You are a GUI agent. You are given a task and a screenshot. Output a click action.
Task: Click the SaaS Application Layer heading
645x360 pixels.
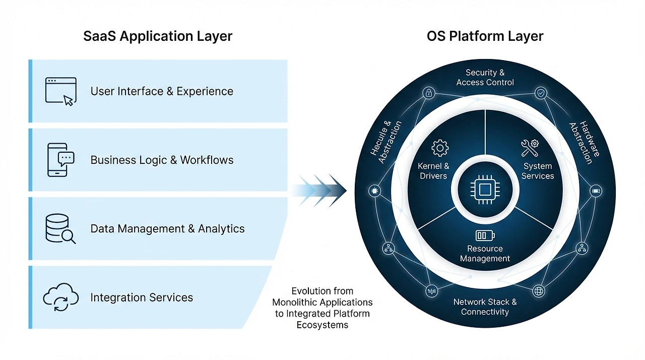[x=158, y=36]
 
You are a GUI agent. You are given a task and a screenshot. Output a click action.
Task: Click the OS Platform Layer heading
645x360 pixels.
[x=485, y=36]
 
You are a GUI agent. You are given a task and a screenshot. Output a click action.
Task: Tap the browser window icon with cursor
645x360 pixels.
[x=60, y=91]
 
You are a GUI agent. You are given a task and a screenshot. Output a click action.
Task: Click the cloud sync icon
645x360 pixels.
[x=60, y=297]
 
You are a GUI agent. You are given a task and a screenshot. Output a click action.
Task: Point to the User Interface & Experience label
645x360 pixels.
[x=162, y=91]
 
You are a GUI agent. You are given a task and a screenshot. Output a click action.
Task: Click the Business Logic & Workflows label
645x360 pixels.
[x=162, y=160]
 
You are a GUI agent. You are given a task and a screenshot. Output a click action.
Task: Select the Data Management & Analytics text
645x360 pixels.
[x=167, y=229]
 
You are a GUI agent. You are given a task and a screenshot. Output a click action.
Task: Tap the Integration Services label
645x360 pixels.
[x=142, y=297]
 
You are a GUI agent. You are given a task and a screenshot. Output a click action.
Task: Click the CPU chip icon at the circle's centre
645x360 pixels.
[x=485, y=190]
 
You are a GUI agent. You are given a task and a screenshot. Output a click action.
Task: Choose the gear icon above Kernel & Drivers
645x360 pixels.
[x=440, y=148]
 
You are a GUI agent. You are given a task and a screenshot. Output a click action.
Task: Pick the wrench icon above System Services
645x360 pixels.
[x=530, y=148]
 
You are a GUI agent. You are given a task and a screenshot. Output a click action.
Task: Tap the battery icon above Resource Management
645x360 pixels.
[x=485, y=235]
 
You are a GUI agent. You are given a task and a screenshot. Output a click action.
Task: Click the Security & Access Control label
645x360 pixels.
[x=485, y=78]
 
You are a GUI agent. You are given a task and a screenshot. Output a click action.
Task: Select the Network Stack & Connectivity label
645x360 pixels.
[x=485, y=307]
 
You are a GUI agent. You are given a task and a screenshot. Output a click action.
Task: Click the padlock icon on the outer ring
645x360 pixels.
[x=429, y=93]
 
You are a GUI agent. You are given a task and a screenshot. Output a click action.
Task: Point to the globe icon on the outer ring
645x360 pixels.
[x=539, y=291]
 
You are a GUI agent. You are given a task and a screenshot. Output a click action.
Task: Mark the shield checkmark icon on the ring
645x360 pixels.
[x=541, y=93]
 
